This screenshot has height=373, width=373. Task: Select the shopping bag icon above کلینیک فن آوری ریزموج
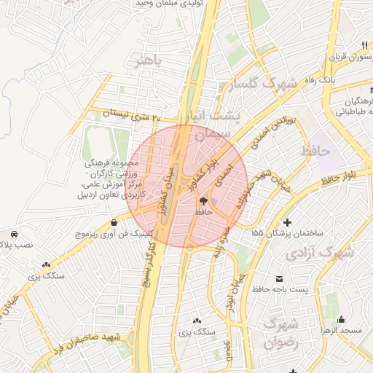click(114, 223)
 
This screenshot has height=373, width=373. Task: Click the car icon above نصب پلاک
click(14, 234)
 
